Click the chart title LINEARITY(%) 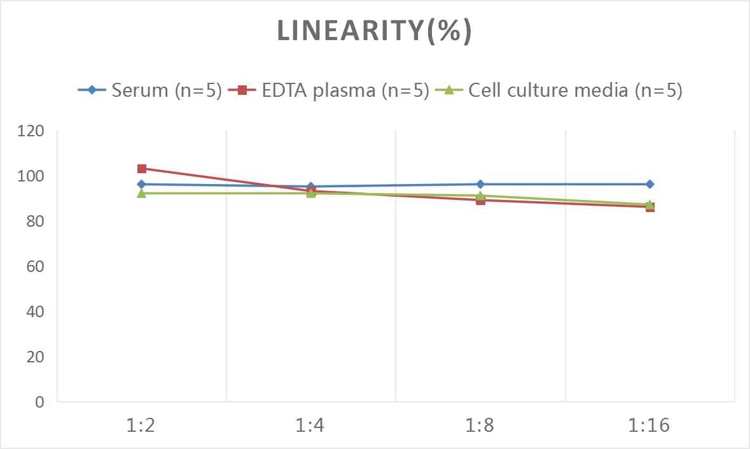tap(375, 31)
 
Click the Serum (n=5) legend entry tap(150, 90)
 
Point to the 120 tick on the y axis tap(31, 131)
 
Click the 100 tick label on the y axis tap(31, 176)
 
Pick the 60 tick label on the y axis tap(35, 266)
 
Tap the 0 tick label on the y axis tap(39, 402)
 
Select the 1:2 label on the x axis tap(141, 425)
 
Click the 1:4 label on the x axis tap(310, 425)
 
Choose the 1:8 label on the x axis tap(480, 425)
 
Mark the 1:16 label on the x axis tap(649, 425)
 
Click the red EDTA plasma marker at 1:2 tap(142, 169)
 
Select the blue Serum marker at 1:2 tap(142, 184)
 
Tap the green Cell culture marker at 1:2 tap(142, 193)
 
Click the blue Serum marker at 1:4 tap(311, 187)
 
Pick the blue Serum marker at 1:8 tap(480, 184)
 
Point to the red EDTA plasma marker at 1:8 tap(480, 201)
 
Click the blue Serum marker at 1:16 tap(649, 184)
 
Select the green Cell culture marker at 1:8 tap(480, 195)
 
